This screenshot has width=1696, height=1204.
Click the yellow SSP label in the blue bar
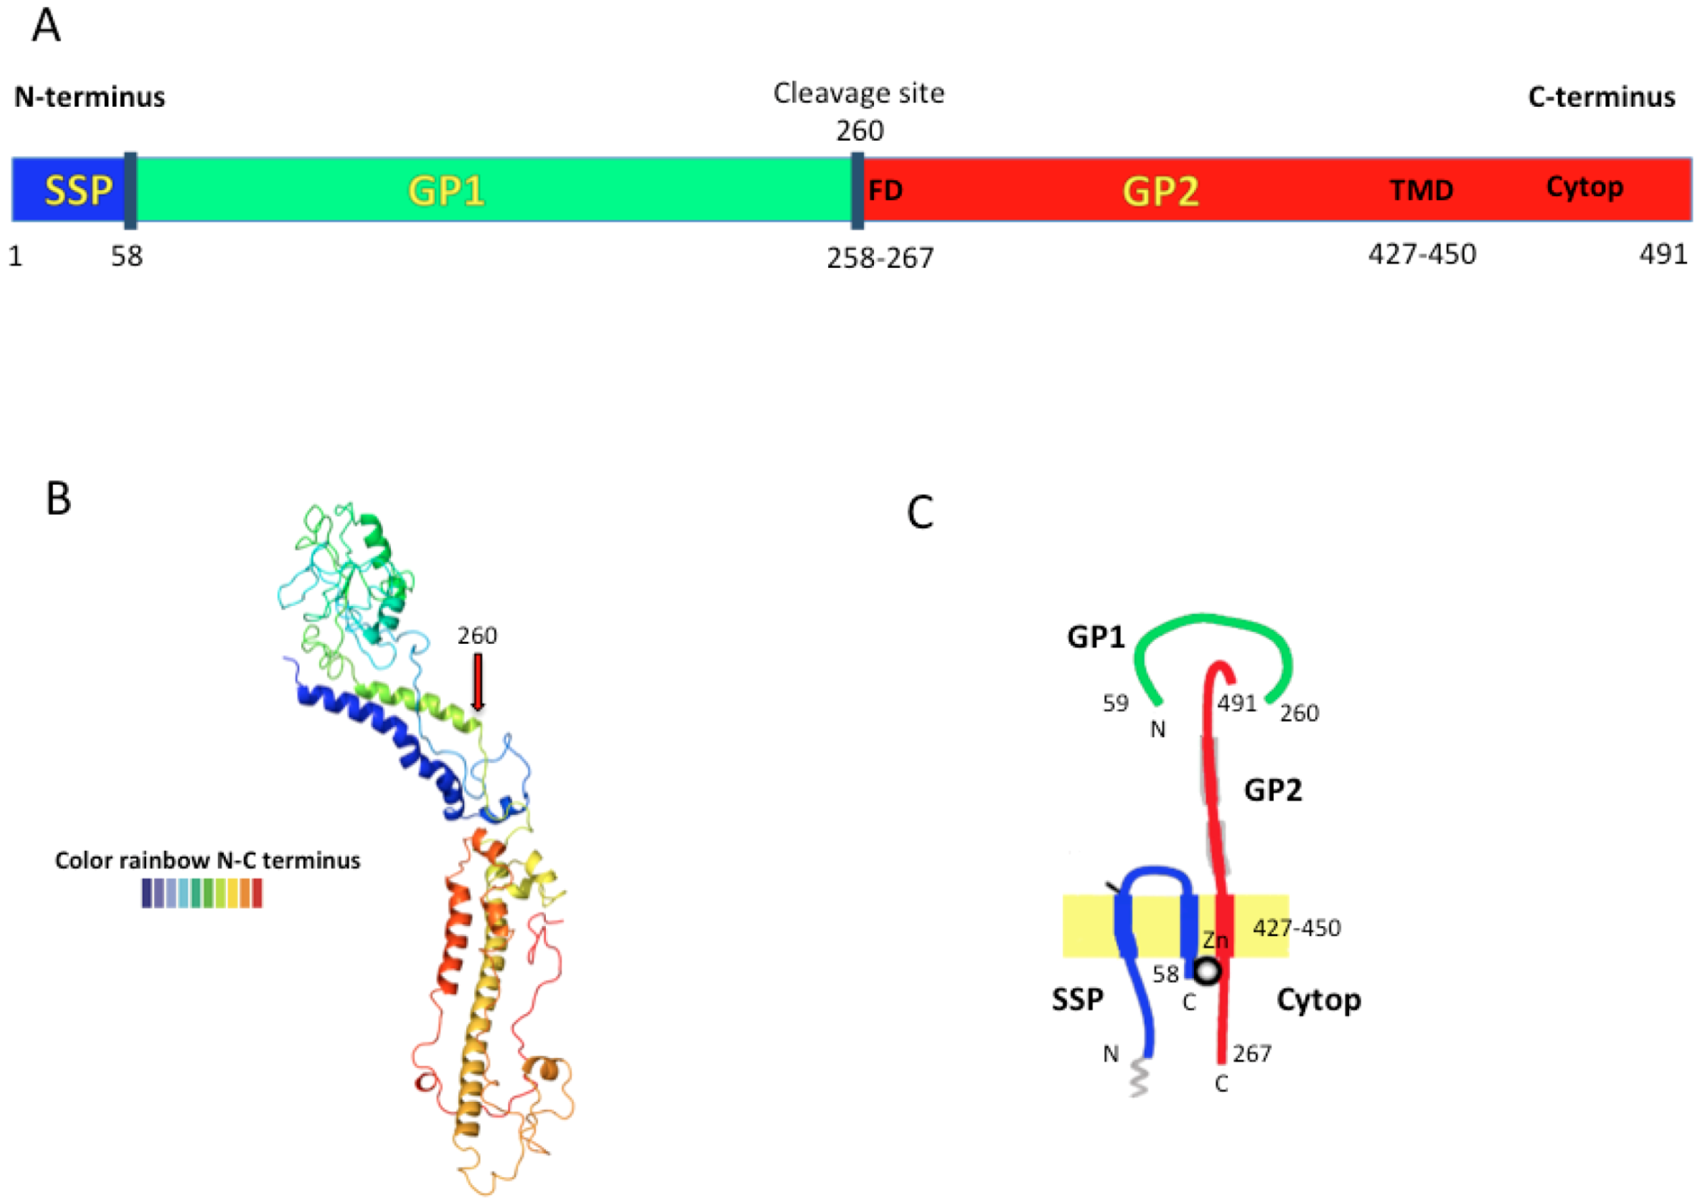tap(79, 190)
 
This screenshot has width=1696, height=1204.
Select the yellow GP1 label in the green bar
tap(446, 191)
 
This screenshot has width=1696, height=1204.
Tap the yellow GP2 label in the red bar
tap(1161, 191)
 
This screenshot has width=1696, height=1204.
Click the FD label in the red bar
tap(885, 191)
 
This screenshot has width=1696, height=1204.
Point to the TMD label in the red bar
tap(1421, 190)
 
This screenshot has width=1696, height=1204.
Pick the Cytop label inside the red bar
tap(1584, 186)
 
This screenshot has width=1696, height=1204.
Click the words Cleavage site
tap(858, 93)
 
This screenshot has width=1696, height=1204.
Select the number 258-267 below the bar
tap(879, 258)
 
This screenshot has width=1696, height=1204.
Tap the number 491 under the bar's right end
tap(1663, 255)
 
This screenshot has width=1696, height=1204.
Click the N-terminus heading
tap(90, 97)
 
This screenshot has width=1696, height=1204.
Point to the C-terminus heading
tap(1601, 97)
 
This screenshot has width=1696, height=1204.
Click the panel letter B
tap(58, 499)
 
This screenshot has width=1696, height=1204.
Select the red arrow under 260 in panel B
tap(478, 682)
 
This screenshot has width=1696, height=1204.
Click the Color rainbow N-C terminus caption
tap(207, 861)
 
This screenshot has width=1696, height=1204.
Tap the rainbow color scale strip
tap(202, 894)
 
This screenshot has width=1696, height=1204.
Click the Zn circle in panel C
tap(1208, 970)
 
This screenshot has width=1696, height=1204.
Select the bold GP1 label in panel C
tap(1095, 637)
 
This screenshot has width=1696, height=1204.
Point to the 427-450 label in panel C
tap(1296, 928)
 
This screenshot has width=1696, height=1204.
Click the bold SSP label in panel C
tap(1077, 999)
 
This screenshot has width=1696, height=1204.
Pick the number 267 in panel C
tap(1251, 1053)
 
